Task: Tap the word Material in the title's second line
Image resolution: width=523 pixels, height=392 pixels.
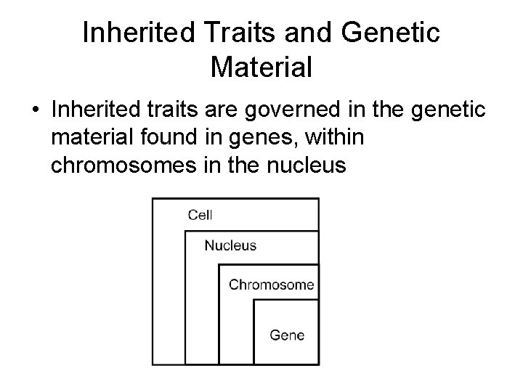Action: (x=261, y=68)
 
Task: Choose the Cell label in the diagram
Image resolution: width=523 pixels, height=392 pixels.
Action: (x=200, y=215)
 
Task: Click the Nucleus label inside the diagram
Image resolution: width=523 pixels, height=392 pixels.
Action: (x=230, y=245)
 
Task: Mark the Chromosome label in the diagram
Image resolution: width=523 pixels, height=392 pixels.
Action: (x=271, y=285)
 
